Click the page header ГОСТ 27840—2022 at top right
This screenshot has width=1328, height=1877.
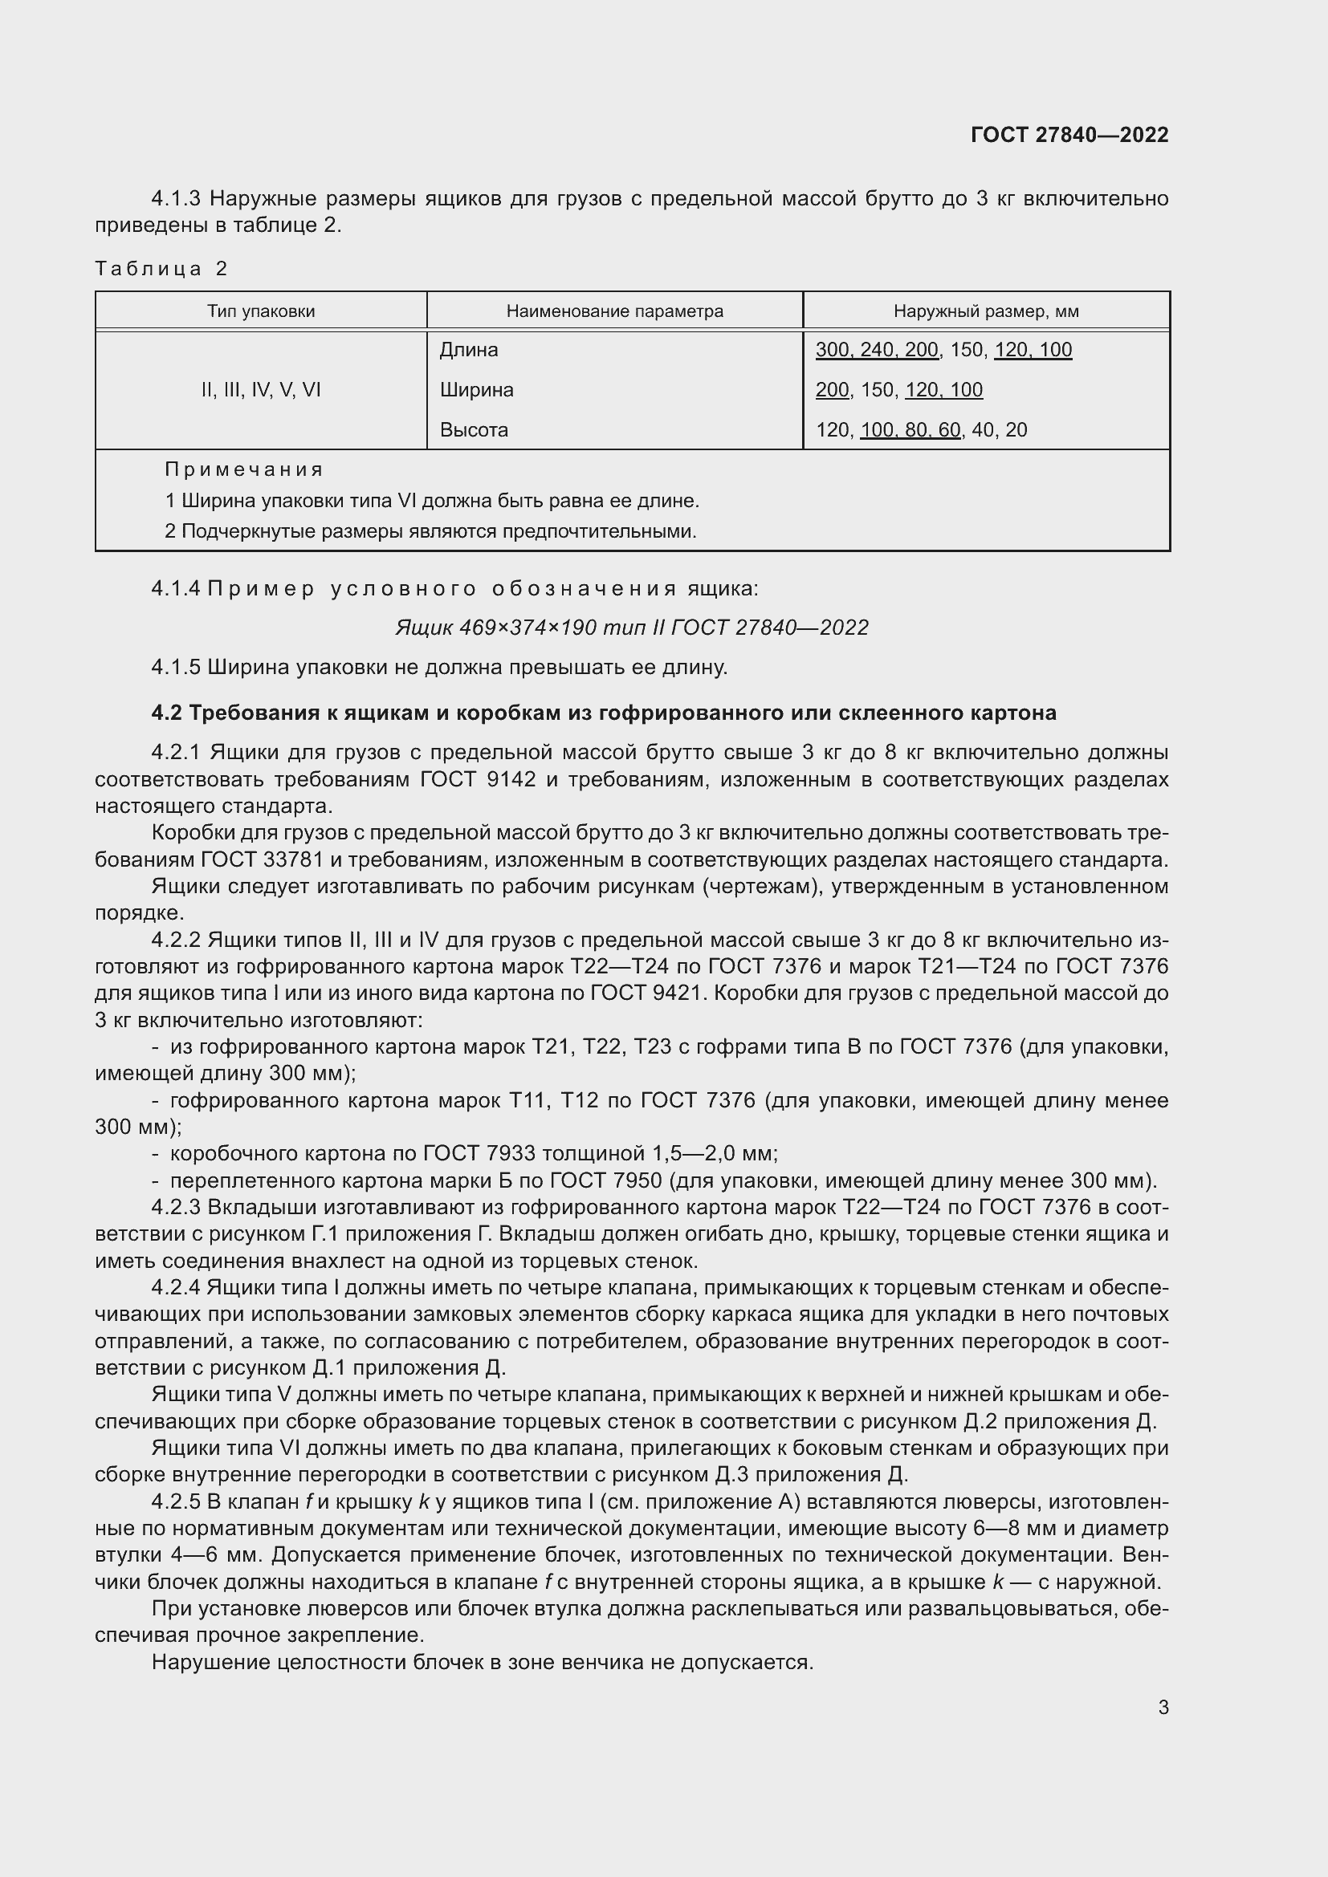[1069, 135]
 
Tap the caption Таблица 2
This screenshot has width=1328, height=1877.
[161, 268]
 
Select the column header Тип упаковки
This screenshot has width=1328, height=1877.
[261, 311]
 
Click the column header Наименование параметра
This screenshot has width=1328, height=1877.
[614, 311]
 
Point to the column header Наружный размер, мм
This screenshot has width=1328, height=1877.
[985, 311]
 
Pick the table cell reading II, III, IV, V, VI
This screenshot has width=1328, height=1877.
[261, 390]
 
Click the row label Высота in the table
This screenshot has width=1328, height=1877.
[474, 430]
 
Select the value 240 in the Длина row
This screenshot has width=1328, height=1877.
[878, 350]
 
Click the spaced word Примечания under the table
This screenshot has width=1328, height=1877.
[244, 469]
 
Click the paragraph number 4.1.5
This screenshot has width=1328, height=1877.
[176, 667]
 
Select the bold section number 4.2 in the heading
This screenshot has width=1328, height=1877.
[166, 713]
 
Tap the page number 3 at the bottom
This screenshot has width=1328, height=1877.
[1163, 1707]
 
